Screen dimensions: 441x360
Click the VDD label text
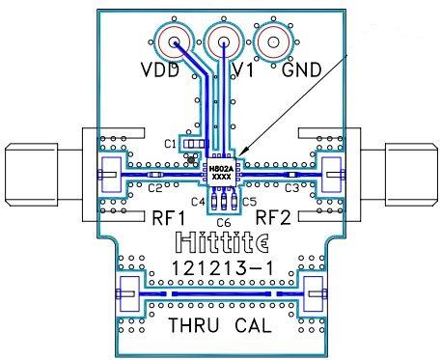(160, 70)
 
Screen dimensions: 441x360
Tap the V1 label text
(243, 70)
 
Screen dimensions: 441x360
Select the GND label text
(302, 70)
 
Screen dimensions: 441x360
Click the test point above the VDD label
(175, 42)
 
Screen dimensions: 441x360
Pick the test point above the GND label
(274, 42)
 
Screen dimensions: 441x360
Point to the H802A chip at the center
(220, 173)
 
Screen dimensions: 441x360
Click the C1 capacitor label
(170, 144)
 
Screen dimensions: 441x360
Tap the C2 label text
(155, 188)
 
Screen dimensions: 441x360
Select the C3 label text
(292, 188)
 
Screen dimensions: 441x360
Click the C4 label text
(198, 202)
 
